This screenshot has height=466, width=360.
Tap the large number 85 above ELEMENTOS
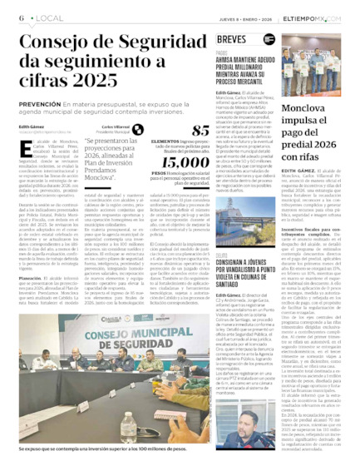[200, 131]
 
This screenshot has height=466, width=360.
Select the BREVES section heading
[230, 39]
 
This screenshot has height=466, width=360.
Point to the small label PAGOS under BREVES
[221, 52]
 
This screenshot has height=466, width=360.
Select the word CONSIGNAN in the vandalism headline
[235, 240]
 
